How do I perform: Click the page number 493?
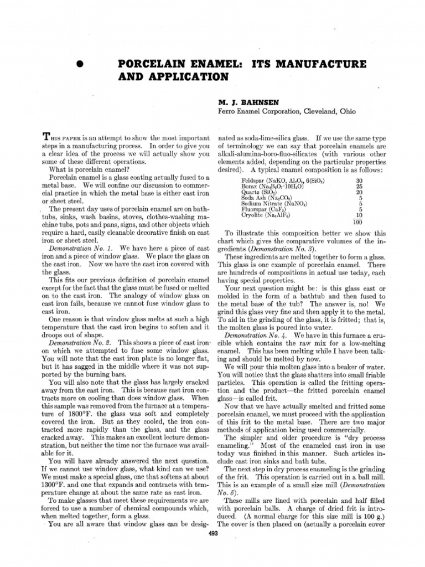[x=212, y=534]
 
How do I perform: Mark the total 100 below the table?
[x=358, y=223]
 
